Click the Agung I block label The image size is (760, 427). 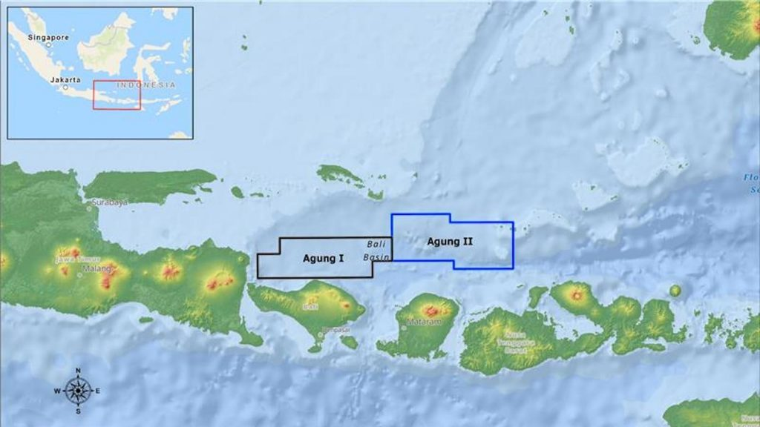coord(323,259)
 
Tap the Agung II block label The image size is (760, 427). coord(451,241)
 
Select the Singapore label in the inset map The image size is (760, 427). coord(47,36)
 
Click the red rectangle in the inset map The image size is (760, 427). coord(117,95)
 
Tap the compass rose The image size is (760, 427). coord(77,390)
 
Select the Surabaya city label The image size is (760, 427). coord(109,202)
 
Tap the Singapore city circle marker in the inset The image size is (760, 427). coord(48,44)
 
